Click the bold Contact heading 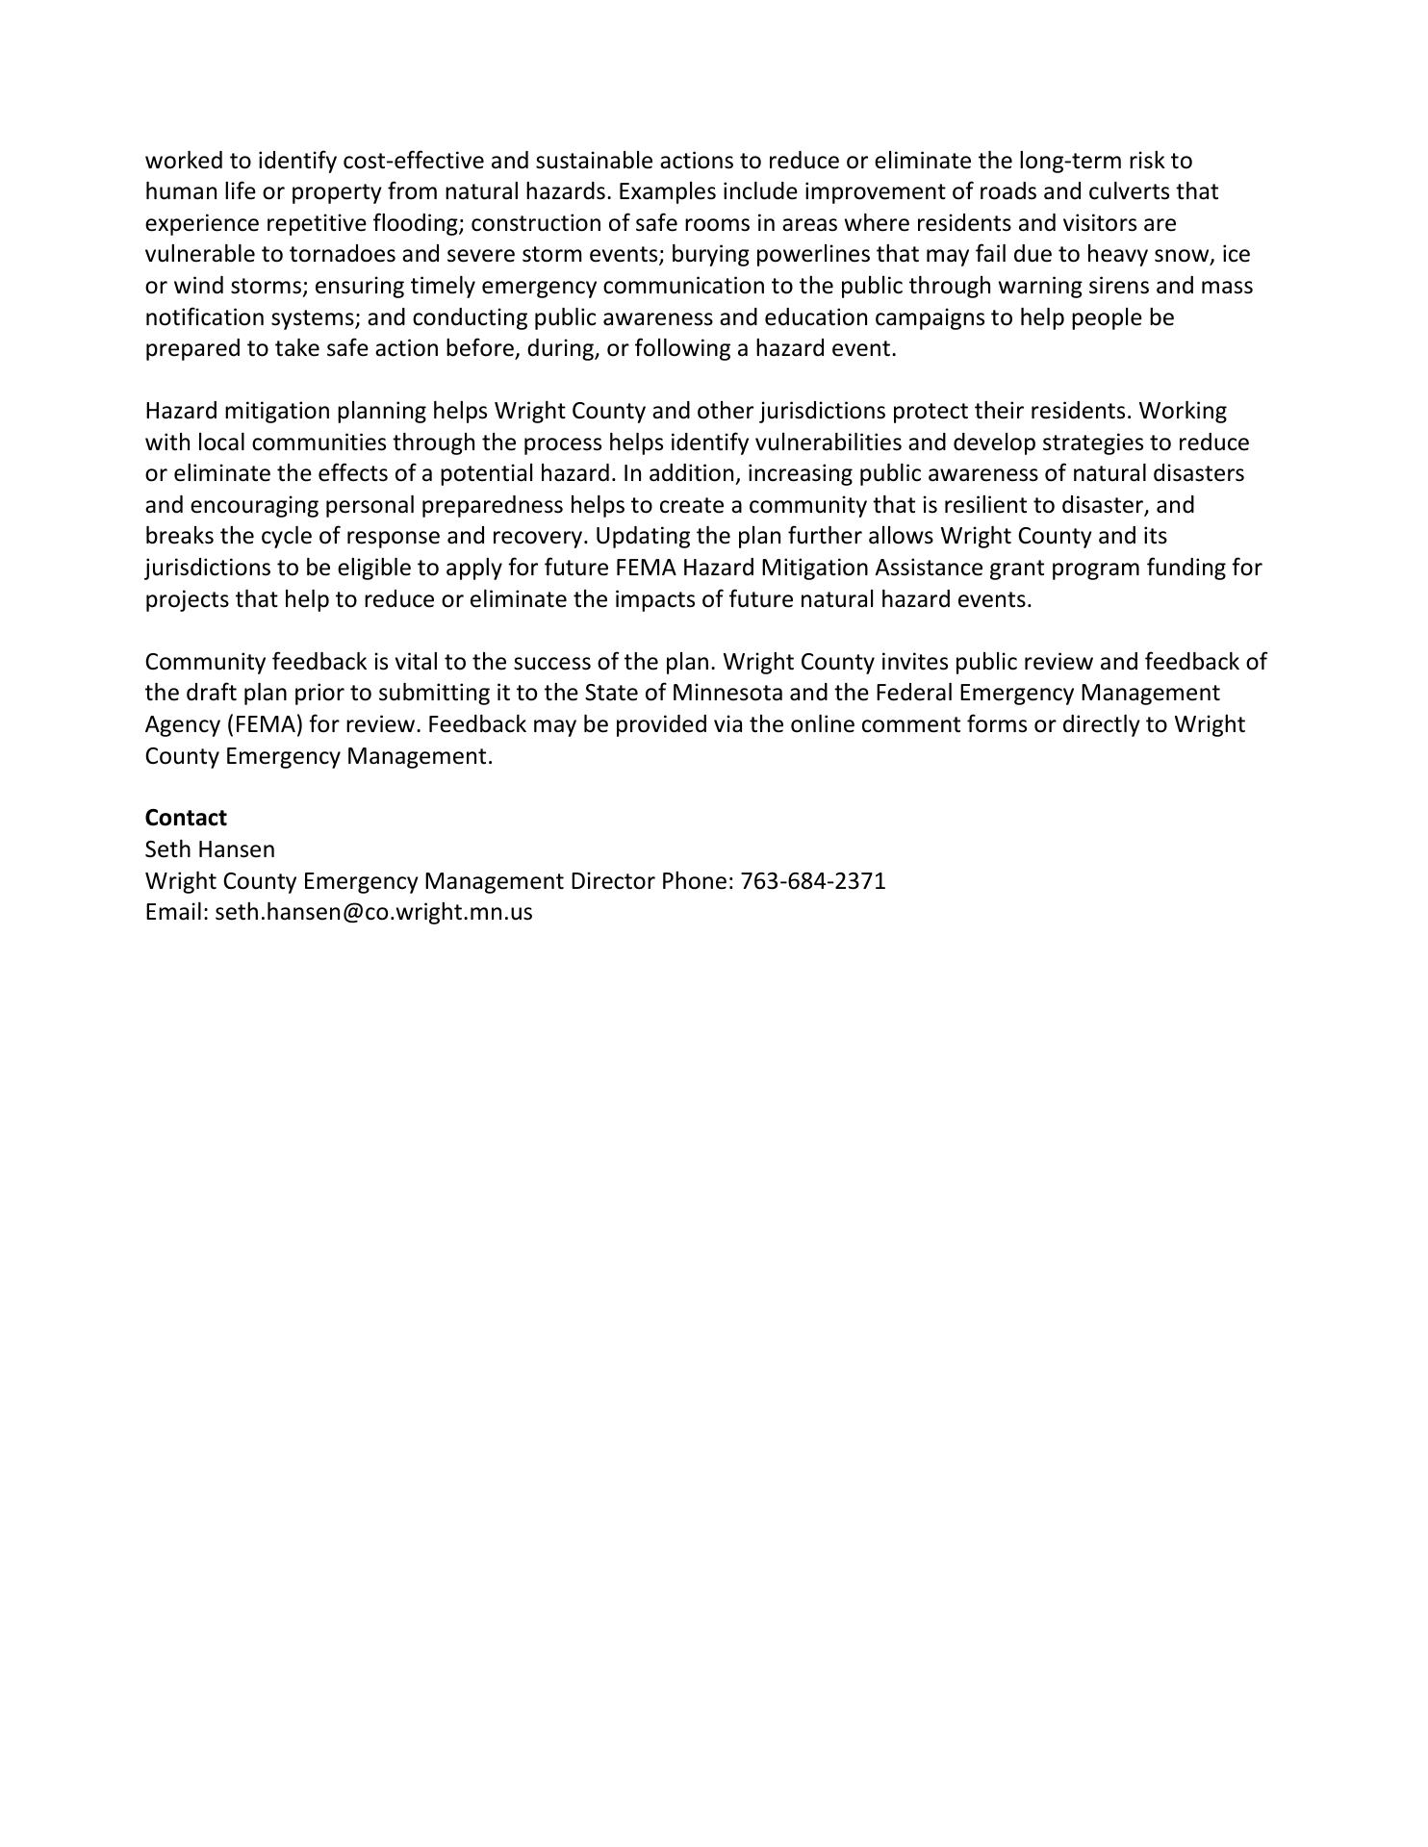click(x=186, y=818)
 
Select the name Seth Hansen click(x=210, y=849)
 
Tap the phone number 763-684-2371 click(x=813, y=881)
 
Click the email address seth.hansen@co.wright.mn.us click(x=373, y=912)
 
